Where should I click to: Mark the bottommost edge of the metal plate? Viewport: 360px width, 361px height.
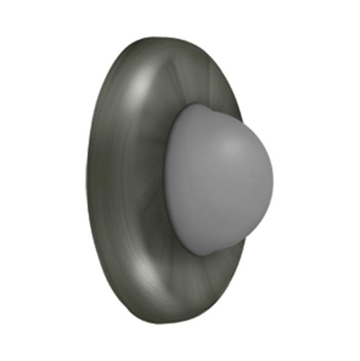(170, 323)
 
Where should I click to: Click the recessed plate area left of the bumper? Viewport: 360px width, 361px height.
(144, 180)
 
